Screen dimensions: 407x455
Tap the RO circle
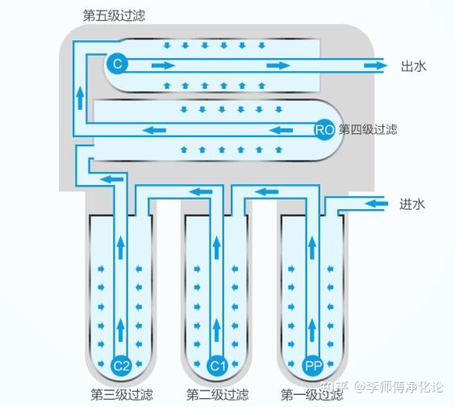[x=324, y=129]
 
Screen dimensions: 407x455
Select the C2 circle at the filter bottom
[x=121, y=366]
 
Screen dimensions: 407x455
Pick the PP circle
[x=313, y=366]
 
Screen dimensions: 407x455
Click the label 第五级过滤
[x=114, y=15]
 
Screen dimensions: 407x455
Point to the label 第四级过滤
[x=368, y=129]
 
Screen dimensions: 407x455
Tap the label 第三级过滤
[x=121, y=394]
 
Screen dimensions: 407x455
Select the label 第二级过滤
[x=215, y=394]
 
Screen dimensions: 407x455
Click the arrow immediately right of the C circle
[x=163, y=65]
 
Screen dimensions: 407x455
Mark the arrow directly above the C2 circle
[x=121, y=327]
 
